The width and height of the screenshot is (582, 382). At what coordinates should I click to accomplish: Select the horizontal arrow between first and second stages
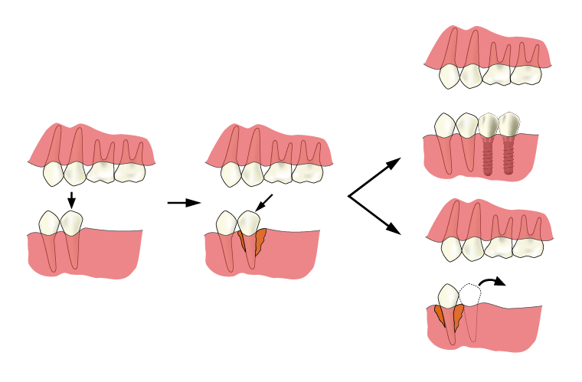tap(183, 203)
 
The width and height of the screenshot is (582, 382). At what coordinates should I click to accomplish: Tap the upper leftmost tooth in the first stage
tap(53, 174)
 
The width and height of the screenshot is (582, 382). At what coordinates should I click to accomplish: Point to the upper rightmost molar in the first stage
tap(129, 171)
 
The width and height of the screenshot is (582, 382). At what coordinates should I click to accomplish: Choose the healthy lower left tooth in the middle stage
tap(227, 224)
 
